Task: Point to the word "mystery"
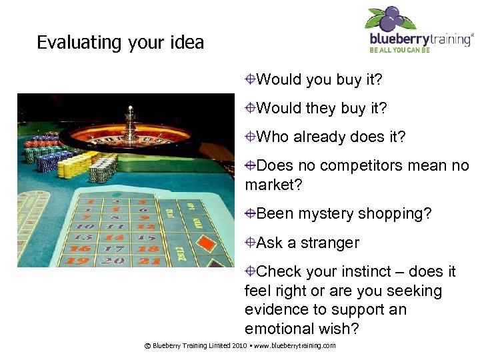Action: (325, 213)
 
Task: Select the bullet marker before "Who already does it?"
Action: (250, 137)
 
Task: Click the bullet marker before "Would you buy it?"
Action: (250, 80)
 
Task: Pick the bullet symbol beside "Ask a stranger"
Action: (250, 243)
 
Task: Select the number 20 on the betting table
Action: (115, 261)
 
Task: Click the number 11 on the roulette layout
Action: (113, 227)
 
